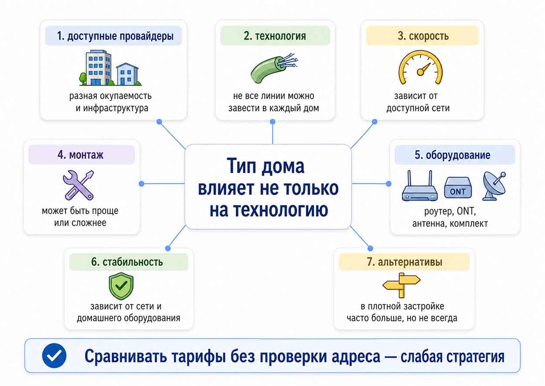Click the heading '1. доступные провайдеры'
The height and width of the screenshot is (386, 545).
(115, 36)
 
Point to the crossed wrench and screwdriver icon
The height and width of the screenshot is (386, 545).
(78, 185)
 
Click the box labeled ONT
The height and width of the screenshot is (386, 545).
(458, 188)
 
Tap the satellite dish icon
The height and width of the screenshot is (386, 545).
(494, 186)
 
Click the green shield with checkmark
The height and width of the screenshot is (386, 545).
(121, 286)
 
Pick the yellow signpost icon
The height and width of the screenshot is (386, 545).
(402, 285)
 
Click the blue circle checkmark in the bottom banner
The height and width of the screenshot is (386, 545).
(54, 355)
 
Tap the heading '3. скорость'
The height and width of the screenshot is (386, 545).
(423, 36)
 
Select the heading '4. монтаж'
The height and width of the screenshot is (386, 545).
(81, 155)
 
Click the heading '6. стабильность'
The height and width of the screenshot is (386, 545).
(127, 262)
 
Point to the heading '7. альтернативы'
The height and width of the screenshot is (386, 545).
(405, 262)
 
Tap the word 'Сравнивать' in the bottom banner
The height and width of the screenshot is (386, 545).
(126, 356)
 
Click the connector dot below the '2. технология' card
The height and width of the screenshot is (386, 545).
(272, 121)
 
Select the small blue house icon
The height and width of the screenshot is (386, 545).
(127, 74)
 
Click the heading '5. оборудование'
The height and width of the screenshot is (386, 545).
(453, 155)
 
